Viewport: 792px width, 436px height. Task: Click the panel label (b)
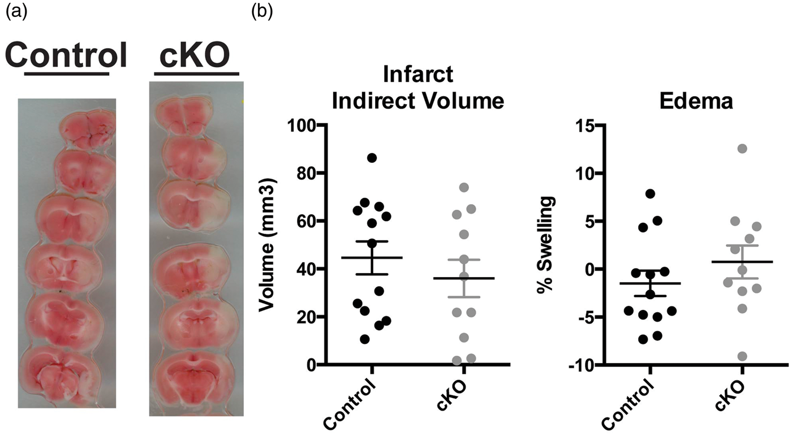click(262, 12)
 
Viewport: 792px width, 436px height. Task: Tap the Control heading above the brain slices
click(66, 56)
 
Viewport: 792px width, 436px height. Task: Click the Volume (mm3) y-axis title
click(268, 245)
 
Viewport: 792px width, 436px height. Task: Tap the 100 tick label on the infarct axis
click(302, 126)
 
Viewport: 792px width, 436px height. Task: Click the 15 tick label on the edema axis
click(586, 126)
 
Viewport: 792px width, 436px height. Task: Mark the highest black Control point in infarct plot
click(372, 158)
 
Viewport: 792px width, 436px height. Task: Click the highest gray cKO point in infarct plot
click(463, 187)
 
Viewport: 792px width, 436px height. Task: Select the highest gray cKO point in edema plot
click(742, 149)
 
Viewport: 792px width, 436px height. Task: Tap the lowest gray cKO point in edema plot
click(742, 356)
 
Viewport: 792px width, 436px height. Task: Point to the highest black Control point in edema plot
click(650, 193)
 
